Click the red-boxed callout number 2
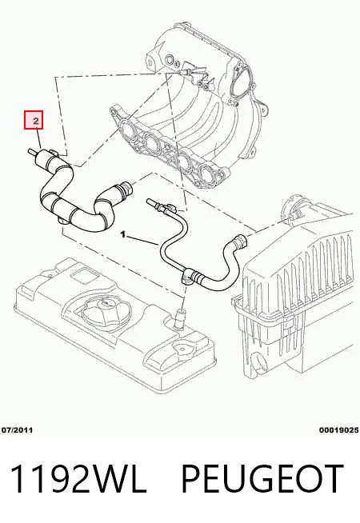tap(36, 120)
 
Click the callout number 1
tap(123, 235)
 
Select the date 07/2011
tap(18, 430)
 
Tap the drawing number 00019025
tap(339, 430)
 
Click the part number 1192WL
tap(78, 479)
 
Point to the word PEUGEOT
tap(262, 479)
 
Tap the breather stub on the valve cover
tap(182, 318)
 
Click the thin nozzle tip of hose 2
tap(32, 152)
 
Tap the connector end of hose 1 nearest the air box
tap(242, 241)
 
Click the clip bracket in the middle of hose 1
tap(187, 277)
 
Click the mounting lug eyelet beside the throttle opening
tap(263, 110)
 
